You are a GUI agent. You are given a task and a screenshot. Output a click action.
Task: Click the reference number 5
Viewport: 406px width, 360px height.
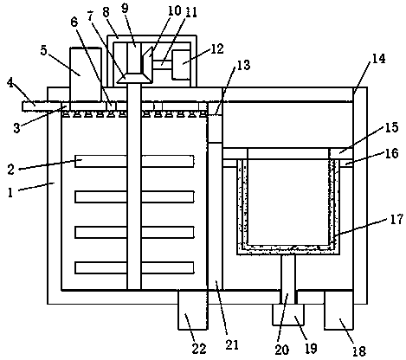click(x=43, y=50)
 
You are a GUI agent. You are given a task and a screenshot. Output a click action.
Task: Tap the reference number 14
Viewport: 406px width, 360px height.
click(x=378, y=59)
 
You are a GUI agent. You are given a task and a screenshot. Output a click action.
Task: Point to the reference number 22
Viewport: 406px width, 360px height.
click(x=199, y=349)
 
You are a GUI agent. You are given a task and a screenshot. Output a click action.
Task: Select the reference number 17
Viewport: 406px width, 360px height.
click(x=396, y=219)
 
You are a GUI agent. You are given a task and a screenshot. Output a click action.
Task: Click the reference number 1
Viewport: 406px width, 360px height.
click(x=10, y=192)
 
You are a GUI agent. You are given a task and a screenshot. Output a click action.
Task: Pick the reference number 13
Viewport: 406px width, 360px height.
click(x=243, y=65)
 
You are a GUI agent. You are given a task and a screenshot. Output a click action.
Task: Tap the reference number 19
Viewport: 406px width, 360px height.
click(x=311, y=348)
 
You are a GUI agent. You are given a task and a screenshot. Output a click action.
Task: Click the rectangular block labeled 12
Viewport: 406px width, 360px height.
click(x=181, y=65)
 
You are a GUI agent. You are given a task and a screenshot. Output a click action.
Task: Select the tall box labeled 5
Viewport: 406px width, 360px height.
click(x=86, y=74)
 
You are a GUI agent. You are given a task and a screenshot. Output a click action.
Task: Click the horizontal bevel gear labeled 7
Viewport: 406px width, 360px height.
click(x=134, y=78)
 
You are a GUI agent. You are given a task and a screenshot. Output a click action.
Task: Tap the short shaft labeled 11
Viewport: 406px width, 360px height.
click(x=162, y=64)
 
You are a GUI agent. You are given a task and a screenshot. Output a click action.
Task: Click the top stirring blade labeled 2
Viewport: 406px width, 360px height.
click(x=134, y=161)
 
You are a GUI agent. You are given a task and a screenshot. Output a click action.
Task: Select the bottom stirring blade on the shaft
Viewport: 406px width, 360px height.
click(x=134, y=267)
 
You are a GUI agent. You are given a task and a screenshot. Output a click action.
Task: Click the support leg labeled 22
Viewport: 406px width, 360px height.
click(x=192, y=310)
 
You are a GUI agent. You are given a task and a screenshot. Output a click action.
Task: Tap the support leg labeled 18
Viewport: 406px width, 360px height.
click(x=338, y=310)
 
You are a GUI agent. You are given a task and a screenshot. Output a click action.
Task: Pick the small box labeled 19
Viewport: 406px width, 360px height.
click(x=288, y=314)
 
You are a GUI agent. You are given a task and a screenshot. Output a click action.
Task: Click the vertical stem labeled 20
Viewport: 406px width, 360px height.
click(x=288, y=279)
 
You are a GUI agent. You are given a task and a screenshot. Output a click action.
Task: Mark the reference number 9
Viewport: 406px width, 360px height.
click(x=125, y=9)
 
